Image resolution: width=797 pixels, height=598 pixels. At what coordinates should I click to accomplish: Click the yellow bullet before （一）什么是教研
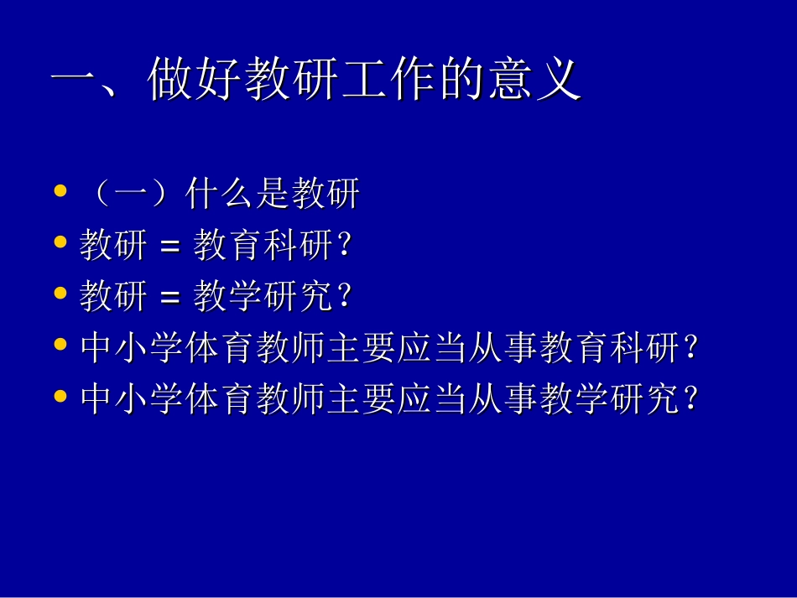60,192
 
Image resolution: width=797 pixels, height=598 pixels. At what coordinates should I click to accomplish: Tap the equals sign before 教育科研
169,247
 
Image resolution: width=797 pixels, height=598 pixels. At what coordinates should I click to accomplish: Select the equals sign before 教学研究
169,297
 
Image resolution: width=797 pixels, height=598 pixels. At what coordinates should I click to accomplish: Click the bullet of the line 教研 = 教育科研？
60,243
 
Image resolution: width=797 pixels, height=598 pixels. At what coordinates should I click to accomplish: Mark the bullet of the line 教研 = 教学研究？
60,294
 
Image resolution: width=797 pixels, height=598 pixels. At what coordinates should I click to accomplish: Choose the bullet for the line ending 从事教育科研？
60,345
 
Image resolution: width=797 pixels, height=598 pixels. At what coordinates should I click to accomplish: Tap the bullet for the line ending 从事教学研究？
60,396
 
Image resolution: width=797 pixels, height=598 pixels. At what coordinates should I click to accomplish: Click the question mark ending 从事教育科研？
690,348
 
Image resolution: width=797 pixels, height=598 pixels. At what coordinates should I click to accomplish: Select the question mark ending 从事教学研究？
690,399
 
